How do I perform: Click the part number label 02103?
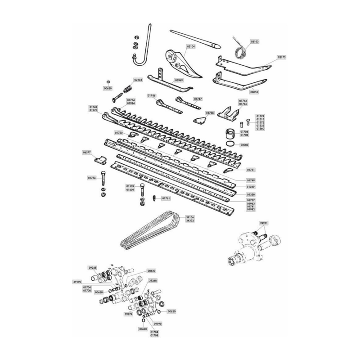[254, 41]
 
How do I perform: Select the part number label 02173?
[282, 58]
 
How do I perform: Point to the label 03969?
[179, 80]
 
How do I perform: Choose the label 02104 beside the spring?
[138, 79]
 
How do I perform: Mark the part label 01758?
[210, 113]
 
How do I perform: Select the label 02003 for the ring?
[245, 145]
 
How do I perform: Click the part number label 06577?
[87, 153]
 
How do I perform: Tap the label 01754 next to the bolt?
[92, 178]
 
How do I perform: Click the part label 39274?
[130, 314]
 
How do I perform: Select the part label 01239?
[251, 186]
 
